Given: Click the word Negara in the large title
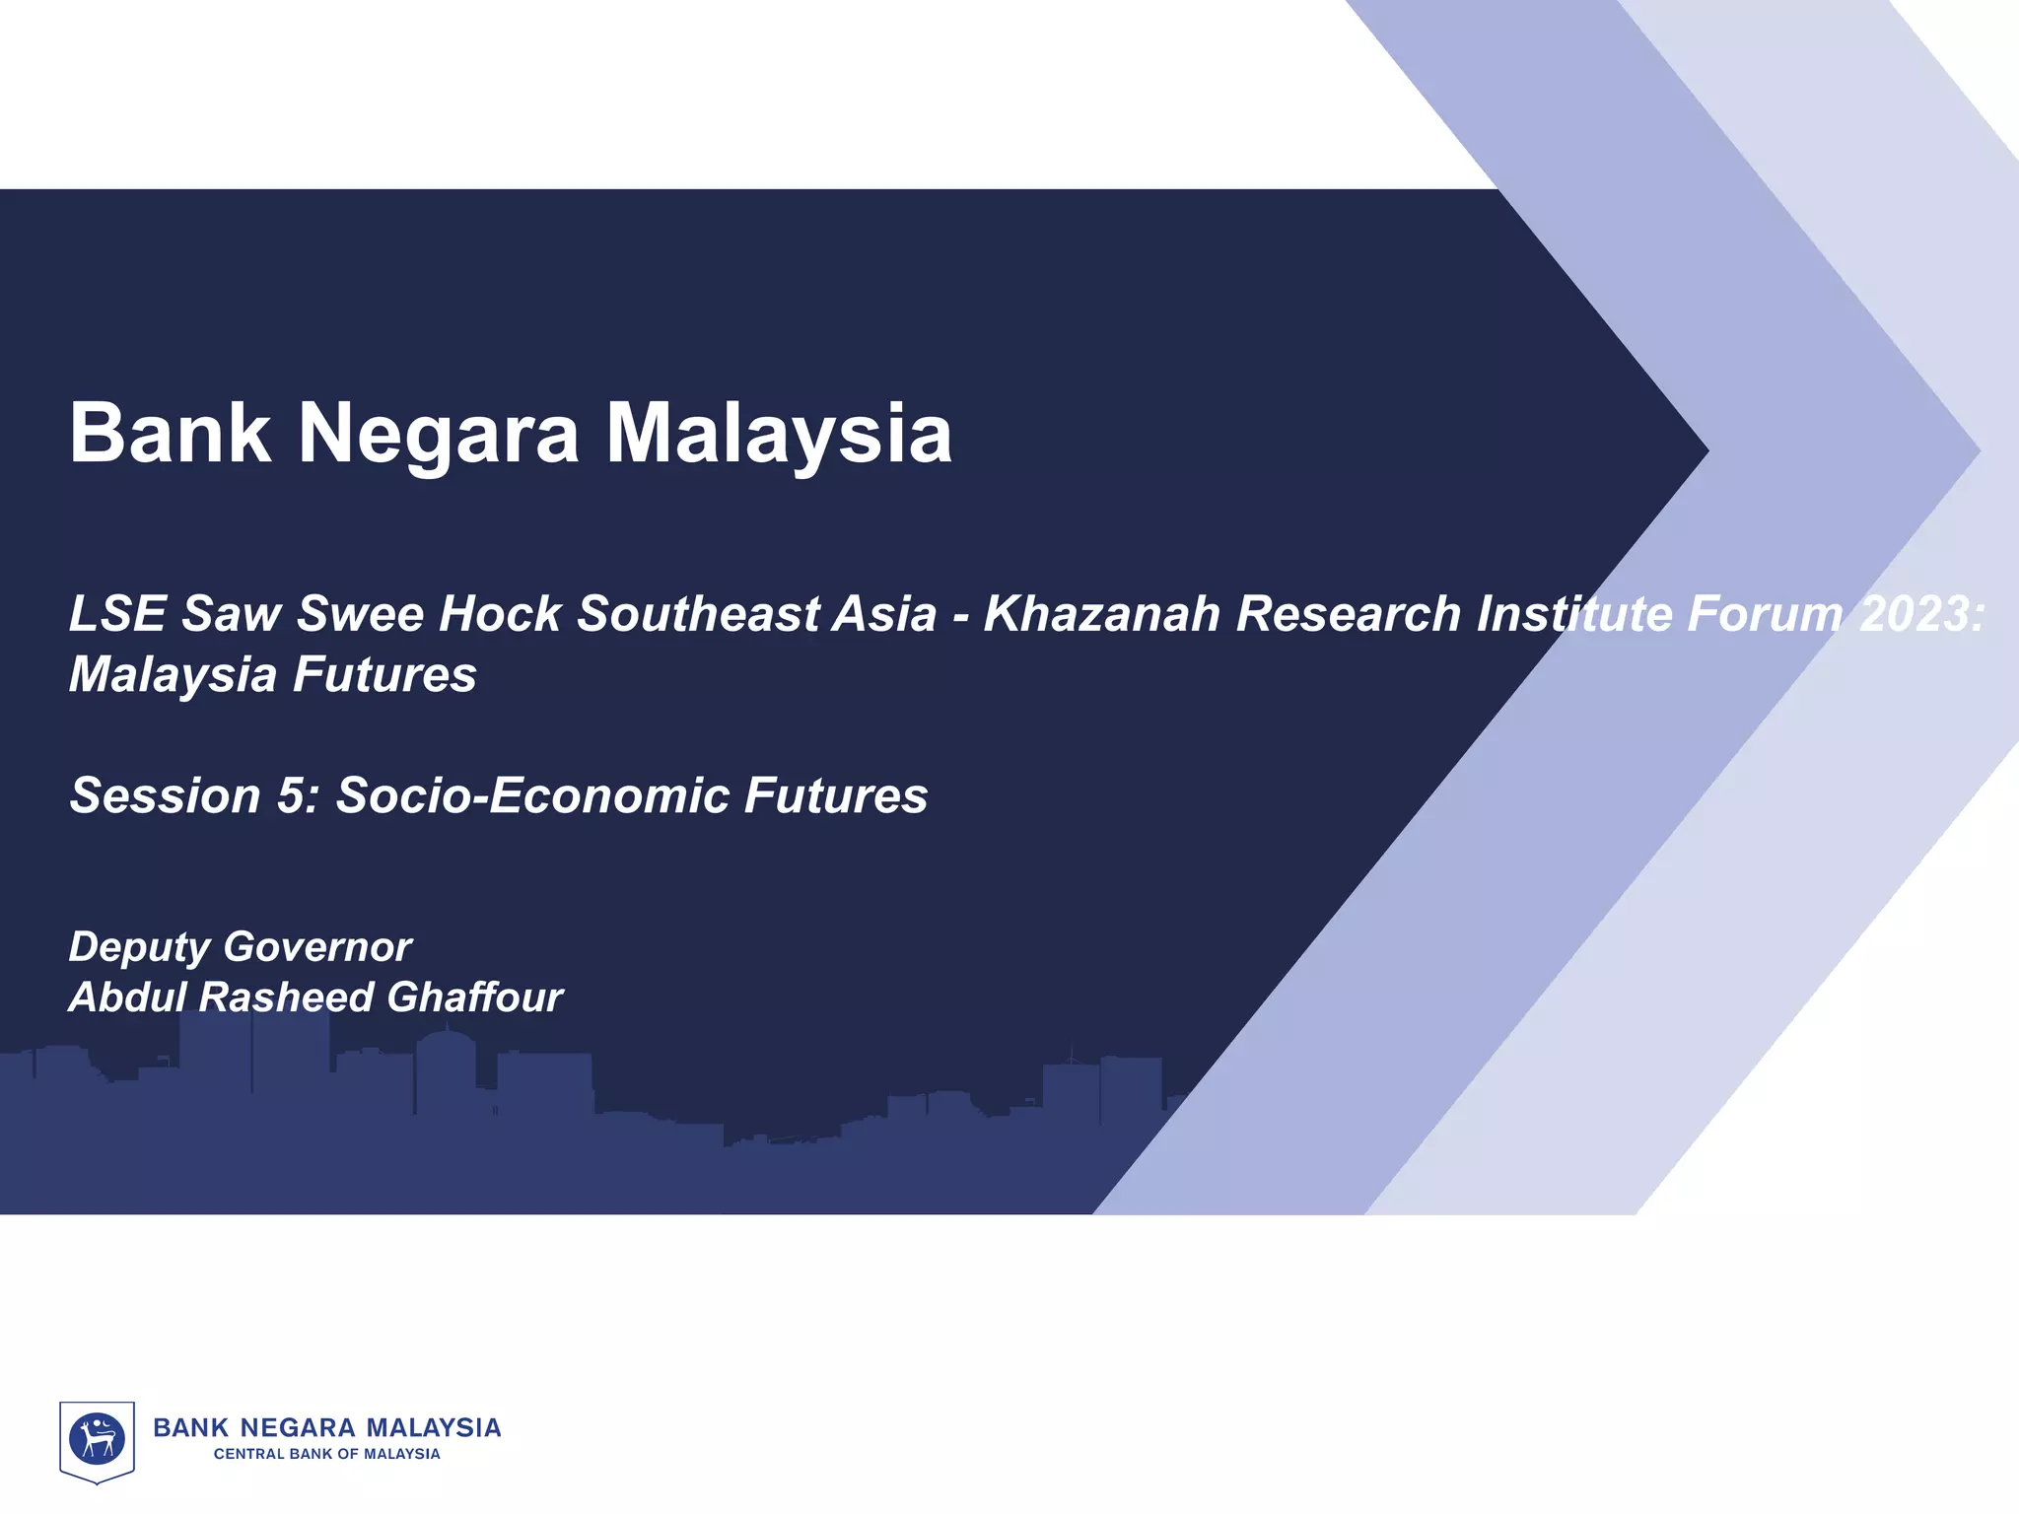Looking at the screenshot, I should pos(439,434).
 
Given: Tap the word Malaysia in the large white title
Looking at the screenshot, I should pos(779,434).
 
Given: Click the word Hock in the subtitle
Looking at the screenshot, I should pos(500,613).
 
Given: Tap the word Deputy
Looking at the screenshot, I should pos(139,947).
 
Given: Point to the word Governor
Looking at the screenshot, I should pos(316,947).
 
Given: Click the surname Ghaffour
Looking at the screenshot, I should pos(474,998).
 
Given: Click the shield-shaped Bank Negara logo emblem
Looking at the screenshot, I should pos(97,1441).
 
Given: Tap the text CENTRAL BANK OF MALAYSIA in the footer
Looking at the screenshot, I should pos(327,1454).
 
